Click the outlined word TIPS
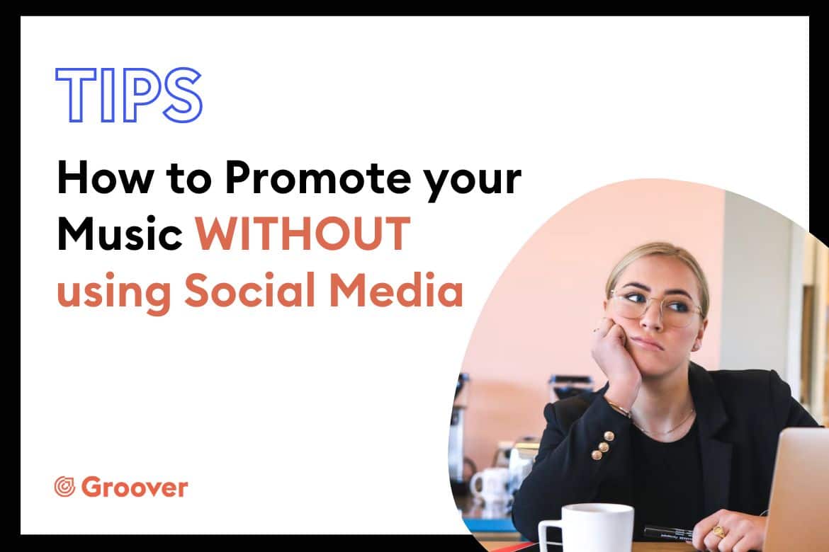pos(128,95)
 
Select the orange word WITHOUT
pos(303,234)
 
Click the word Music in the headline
pos(120,234)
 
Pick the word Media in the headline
pos(396,289)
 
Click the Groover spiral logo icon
pos(64,486)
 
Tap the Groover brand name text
pos(135,487)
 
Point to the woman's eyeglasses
pos(655,307)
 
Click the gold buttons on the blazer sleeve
pos(603,444)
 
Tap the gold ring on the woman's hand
pos(719,530)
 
